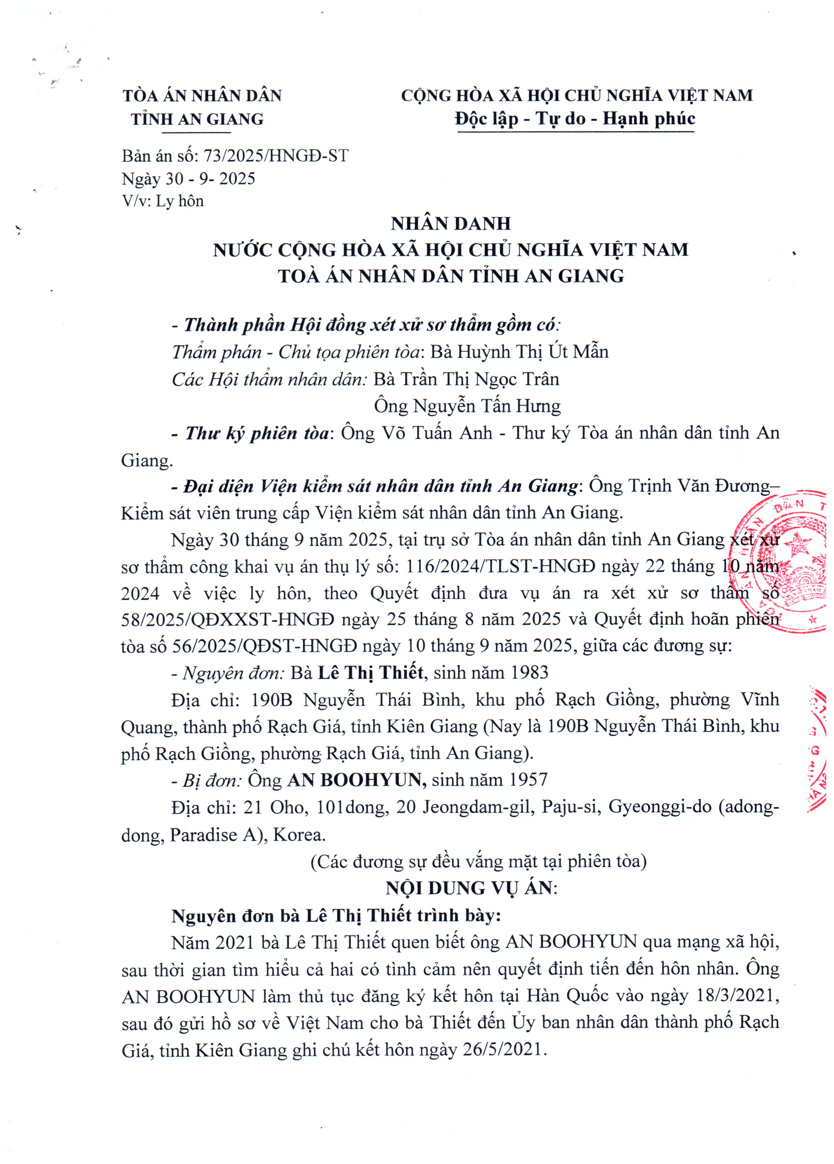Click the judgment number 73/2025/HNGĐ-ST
pyautogui.click(x=276, y=156)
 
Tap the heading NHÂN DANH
pyautogui.click(x=451, y=224)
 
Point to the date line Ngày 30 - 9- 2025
pyautogui.click(x=188, y=179)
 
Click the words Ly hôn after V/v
pyautogui.click(x=180, y=201)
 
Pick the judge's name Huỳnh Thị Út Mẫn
pyautogui.click(x=532, y=352)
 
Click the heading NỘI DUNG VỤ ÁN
pyautogui.click(x=470, y=888)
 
